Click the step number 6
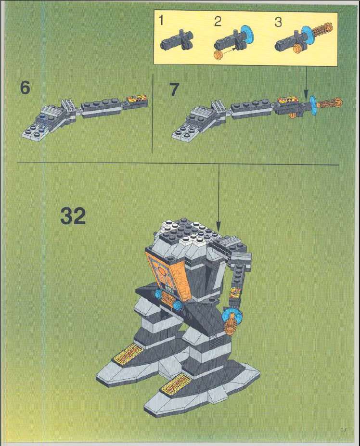coord(25,88)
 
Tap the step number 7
coord(174,89)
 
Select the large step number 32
coord(73,216)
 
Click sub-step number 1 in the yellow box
coord(161,21)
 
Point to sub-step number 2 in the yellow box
coord(218,21)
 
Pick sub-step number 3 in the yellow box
coord(278,22)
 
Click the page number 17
coord(344,429)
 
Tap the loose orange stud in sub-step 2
coord(218,55)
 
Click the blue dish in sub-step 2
coord(247,35)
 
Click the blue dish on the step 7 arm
coord(313,104)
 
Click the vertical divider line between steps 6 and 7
coord(153,114)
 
